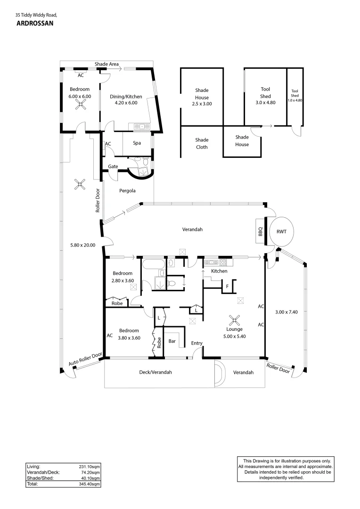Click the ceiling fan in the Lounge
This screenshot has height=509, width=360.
coord(234,321)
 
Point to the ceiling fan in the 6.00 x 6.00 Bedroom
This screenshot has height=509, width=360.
coord(81,105)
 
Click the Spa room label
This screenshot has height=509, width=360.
coord(137,143)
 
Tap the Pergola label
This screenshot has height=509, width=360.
coord(127,191)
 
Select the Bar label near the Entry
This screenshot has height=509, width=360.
coord(172,341)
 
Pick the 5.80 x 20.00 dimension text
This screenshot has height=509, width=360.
coord(82,245)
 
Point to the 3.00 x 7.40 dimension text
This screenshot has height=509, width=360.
coord(286,312)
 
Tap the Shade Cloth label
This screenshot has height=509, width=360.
coord(202,143)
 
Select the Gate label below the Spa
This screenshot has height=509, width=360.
coord(113,166)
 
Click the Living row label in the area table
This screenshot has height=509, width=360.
coord(33,467)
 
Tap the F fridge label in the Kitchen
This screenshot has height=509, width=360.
coord(227,286)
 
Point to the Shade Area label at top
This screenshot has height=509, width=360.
coord(106,64)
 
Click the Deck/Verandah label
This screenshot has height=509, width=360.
coord(155,372)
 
